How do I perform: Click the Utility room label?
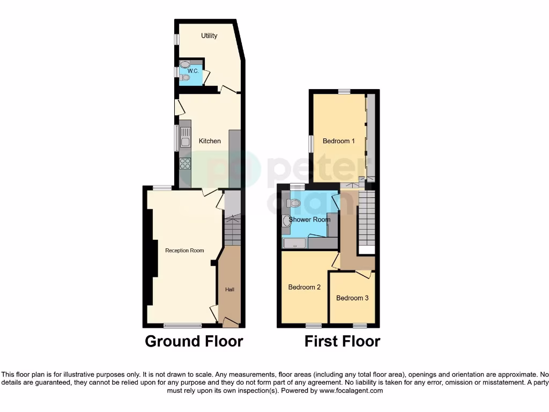(209, 36)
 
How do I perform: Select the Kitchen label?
(210, 141)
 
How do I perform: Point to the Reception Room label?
(184, 251)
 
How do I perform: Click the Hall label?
(229, 290)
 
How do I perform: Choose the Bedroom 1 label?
(338, 141)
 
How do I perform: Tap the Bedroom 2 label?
(304, 287)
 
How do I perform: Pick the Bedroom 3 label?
(352, 298)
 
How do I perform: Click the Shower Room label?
(309, 219)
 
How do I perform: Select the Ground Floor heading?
(194, 341)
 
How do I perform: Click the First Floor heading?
(342, 341)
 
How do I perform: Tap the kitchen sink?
(185, 141)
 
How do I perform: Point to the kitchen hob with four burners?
(185, 163)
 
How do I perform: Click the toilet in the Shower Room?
(293, 203)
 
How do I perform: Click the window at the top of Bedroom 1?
(344, 92)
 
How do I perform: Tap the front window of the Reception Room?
(182, 325)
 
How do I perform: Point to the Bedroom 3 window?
(359, 325)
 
